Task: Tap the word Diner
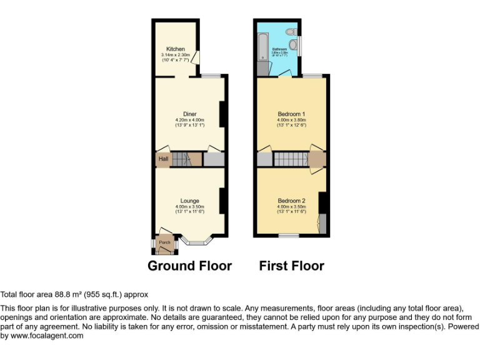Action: (190, 114)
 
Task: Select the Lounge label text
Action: (190, 201)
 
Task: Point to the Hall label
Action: (163, 159)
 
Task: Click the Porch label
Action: (165, 242)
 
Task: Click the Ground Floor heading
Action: (189, 266)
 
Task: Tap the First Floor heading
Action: (292, 266)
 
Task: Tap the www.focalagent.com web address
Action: (47, 336)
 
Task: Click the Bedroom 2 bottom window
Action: (288, 236)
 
